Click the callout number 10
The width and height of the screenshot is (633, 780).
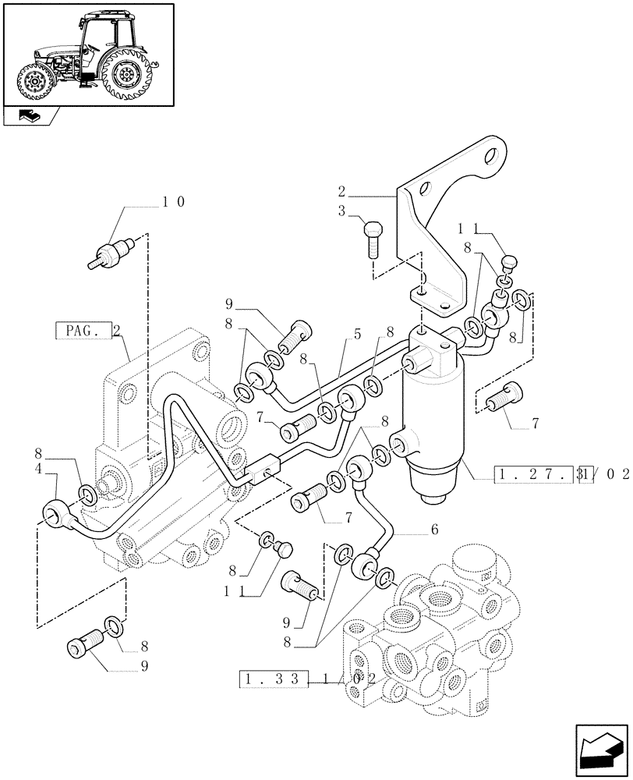174,202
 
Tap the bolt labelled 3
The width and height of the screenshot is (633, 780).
371,238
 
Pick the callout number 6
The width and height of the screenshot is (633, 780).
434,529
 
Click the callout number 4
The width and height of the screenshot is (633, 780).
39,470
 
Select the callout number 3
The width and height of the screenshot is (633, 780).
341,211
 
